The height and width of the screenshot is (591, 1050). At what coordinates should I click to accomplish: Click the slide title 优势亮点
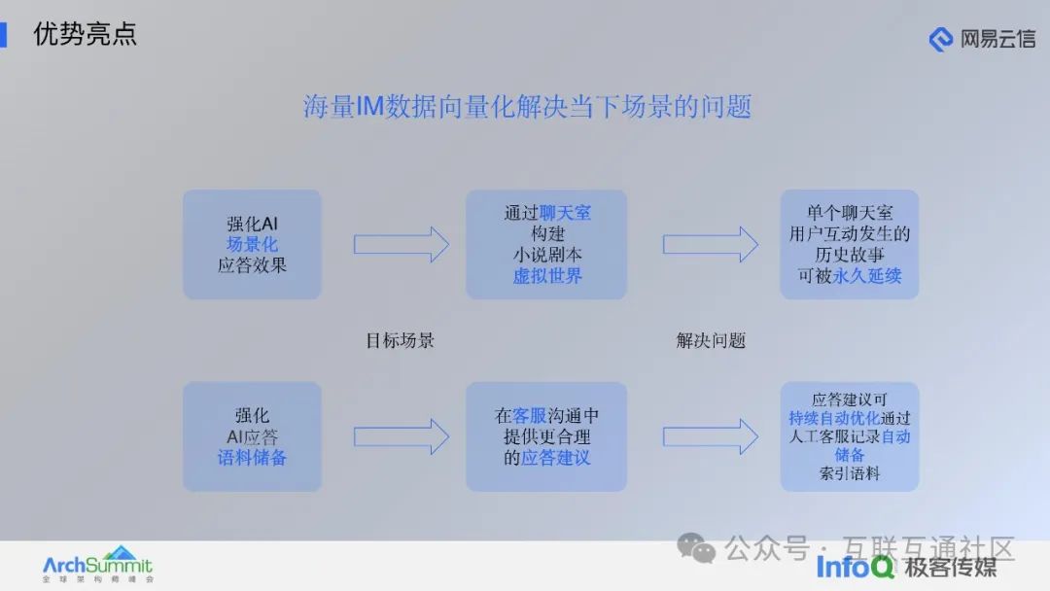pyautogui.click(x=85, y=34)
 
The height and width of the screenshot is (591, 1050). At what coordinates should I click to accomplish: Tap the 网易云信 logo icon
pyautogui.click(x=940, y=39)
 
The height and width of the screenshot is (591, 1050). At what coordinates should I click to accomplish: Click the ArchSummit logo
pyautogui.click(x=97, y=564)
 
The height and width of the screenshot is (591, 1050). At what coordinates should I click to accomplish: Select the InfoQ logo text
pyautogui.click(x=855, y=567)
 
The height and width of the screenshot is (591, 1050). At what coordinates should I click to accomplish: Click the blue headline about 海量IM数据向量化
pyautogui.click(x=527, y=106)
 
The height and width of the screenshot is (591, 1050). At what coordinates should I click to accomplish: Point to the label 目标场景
pyautogui.click(x=400, y=340)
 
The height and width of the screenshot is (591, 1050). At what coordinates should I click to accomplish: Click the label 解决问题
pyautogui.click(x=711, y=340)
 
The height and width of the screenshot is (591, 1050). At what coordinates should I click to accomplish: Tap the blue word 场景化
pyautogui.click(x=252, y=244)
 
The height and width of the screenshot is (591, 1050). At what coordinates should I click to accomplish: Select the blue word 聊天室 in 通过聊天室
pyautogui.click(x=565, y=213)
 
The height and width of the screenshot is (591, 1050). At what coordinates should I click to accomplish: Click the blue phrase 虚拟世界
pyautogui.click(x=547, y=275)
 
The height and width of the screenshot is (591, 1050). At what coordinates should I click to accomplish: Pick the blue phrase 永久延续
pyautogui.click(x=866, y=275)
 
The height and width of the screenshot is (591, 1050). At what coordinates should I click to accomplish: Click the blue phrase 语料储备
pyautogui.click(x=252, y=457)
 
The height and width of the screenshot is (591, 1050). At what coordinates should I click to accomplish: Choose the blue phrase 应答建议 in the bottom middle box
pyautogui.click(x=555, y=458)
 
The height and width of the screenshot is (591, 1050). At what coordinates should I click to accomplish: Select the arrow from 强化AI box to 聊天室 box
pyautogui.click(x=401, y=244)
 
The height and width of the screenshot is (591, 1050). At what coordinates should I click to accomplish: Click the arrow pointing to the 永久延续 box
pyautogui.click(x=710, y=244)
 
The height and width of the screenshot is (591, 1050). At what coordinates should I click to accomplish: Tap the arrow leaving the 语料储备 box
pyautogui.click(x=401, y=436)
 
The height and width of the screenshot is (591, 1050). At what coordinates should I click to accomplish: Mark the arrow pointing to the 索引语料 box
pyautogui.click(x=710, y=436)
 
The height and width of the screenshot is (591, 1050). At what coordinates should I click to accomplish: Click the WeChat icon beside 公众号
pyautogui.click(x=697, y=549)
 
